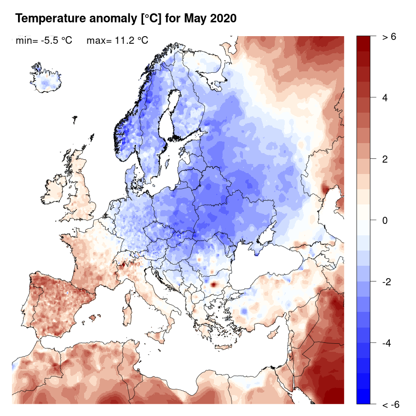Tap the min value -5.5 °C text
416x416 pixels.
(44, 41)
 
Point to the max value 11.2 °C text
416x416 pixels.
(117, 41)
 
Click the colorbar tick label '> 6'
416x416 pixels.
(389, 37)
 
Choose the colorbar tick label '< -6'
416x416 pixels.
(390, 405)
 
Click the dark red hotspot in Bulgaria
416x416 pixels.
(213, 284)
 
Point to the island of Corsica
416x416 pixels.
(128, 294)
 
